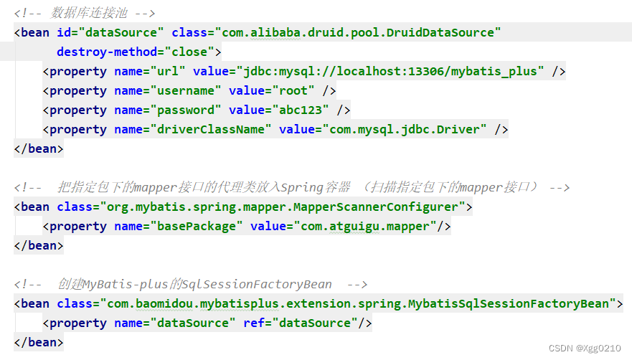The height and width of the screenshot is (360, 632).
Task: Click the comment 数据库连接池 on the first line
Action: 85,13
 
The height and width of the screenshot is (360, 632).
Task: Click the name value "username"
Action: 182,90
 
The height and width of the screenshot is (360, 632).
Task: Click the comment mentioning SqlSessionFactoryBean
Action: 190,284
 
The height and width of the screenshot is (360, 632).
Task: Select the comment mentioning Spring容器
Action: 291,187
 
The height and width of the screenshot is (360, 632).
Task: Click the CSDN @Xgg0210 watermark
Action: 584,348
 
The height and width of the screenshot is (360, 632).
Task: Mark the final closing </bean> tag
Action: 39,342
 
